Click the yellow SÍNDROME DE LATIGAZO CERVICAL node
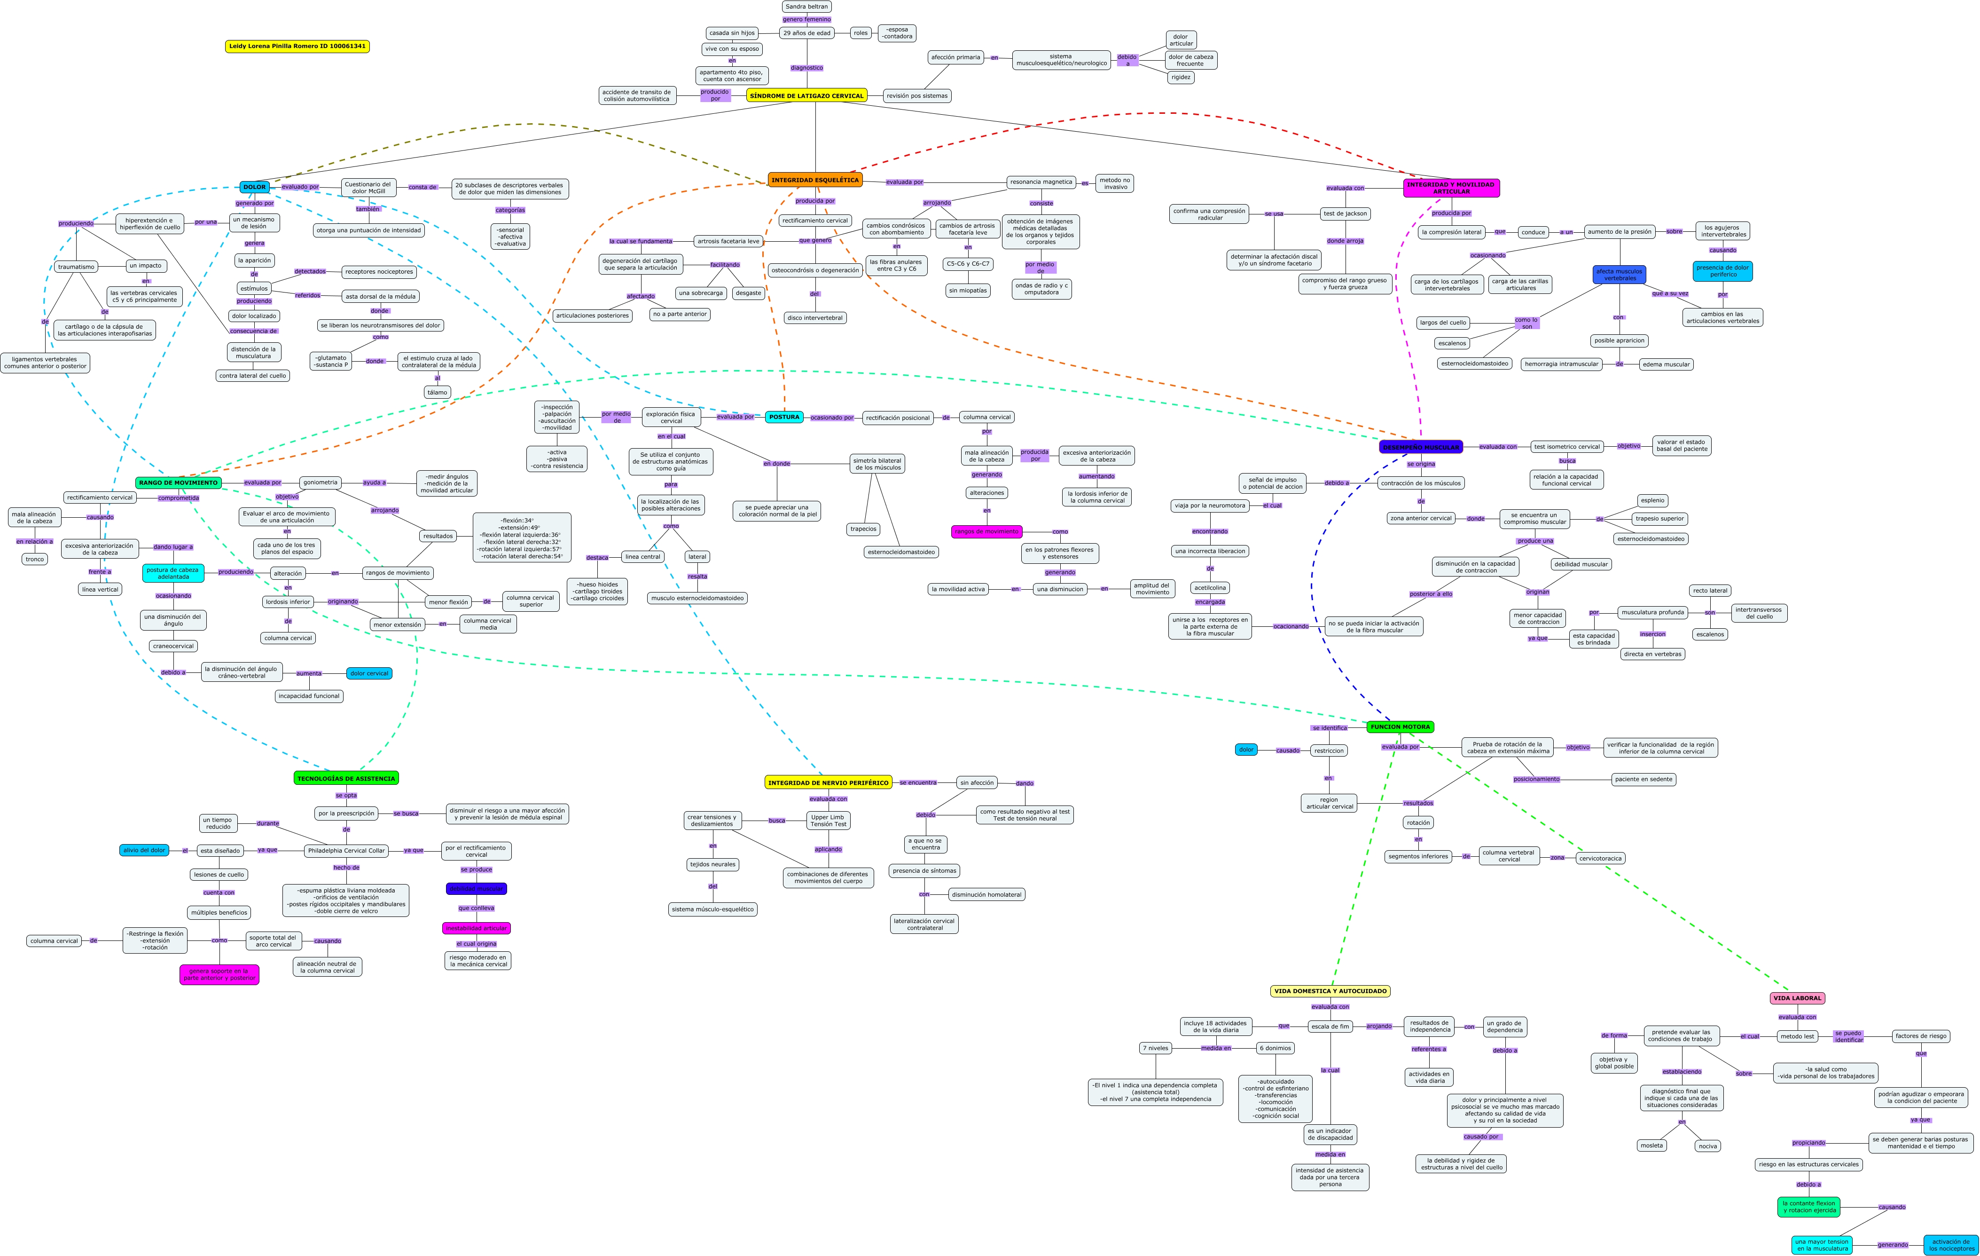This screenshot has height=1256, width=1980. pos(806,95)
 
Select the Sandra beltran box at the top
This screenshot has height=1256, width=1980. pos(806,7)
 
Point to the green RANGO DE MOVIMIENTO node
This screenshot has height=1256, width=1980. pos(179,483)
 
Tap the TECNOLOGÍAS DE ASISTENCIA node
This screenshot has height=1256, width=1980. pos(346,778)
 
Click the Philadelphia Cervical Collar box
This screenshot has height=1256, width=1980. pos(346,851)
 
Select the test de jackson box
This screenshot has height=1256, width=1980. pos(1345,214)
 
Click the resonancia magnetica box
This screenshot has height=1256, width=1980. pos(1041,182)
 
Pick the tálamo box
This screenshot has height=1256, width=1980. pos(438,392)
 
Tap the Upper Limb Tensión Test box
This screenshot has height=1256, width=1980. pos(828,820)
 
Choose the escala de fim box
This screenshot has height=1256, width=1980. pos(1330,1027)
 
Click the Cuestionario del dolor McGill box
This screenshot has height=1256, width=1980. pos(368,188)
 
